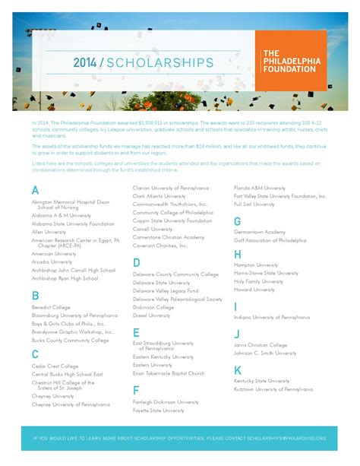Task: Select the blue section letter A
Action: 35,190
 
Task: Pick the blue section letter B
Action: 35,296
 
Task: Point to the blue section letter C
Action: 35,354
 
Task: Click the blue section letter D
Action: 136,262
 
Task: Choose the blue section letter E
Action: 136,332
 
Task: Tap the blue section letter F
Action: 136,391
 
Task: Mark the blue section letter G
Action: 238,221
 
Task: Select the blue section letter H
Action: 238,254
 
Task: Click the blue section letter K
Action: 238,369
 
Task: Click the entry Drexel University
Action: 152,315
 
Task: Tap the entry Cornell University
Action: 153,229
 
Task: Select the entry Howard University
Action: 254,290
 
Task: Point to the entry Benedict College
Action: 51,307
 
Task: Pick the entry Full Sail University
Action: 254,204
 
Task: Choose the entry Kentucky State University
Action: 261,380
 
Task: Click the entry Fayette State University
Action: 159,411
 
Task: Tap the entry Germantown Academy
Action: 260,232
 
